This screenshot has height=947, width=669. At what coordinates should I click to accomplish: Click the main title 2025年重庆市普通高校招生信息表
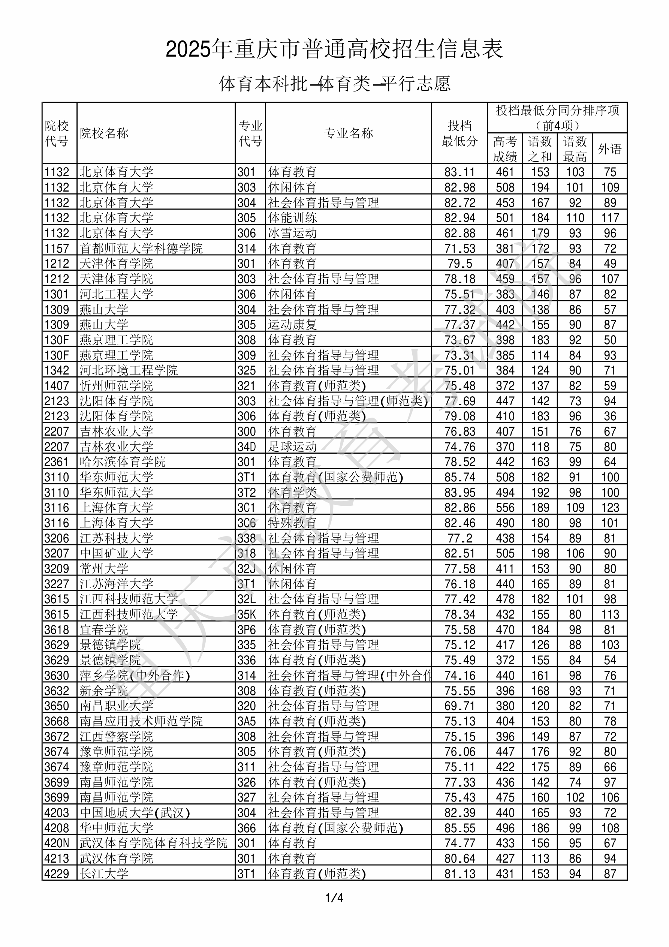pyautogui.click(x=334, y=49)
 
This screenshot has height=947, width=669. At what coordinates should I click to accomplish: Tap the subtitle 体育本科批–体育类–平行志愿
pyautogui.click(x=334, y=84)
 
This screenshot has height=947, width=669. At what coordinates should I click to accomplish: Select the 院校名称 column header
pyautogui.click(x=104, y=133)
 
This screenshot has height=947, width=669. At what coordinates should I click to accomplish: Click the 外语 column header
pyautogui.click(x=610, y=149)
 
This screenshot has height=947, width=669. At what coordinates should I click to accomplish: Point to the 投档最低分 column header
pyautogui.click(x=459, y=133)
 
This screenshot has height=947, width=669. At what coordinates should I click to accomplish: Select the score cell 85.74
pyautogui.click(x=459, y=477)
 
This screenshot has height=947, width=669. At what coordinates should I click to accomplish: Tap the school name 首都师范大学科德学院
pyautogui.click(x=141, y=248)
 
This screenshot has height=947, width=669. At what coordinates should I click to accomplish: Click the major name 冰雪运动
pyautogui.click(x=292, y=233)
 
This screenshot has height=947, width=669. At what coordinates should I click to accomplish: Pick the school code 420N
pyautogui.click(x=57, y=843)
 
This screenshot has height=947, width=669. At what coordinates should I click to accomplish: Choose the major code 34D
pyautogui.click(x=246, y=447)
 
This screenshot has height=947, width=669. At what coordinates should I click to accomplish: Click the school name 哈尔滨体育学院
pyautogui.click(x=122, y=462)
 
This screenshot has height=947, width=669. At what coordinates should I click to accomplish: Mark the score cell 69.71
pyautogui.click(x=459, y=706)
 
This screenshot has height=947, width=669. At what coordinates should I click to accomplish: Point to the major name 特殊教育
pyautogui.click(x=292, y=523)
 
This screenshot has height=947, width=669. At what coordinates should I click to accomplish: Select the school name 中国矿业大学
pyautogui.click(x=116, y=553)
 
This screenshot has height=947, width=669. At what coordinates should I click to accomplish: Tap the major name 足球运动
pyautogui.click(x=292, y=447)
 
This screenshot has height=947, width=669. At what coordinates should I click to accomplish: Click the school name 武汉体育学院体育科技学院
pyautogui.click(x=153, y=843)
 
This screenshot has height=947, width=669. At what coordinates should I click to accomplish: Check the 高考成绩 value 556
pyautogui.click(x=505, y=508)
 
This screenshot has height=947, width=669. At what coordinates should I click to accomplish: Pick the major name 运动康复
pyautogui.click(x=292, y=325)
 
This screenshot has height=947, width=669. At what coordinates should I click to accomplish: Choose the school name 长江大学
pyautogui.click(x=104, y=874)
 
